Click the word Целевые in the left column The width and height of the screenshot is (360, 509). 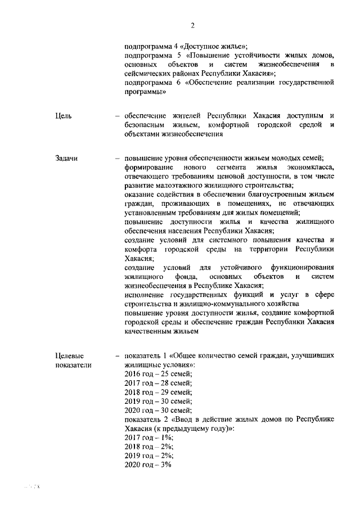70,356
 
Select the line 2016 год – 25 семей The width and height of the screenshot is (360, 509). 158,374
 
